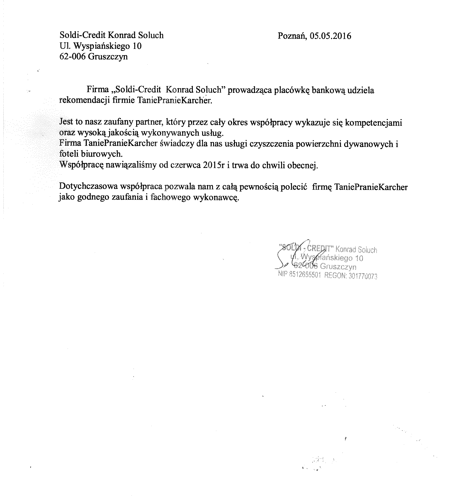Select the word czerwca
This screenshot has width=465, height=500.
(185, 165)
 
